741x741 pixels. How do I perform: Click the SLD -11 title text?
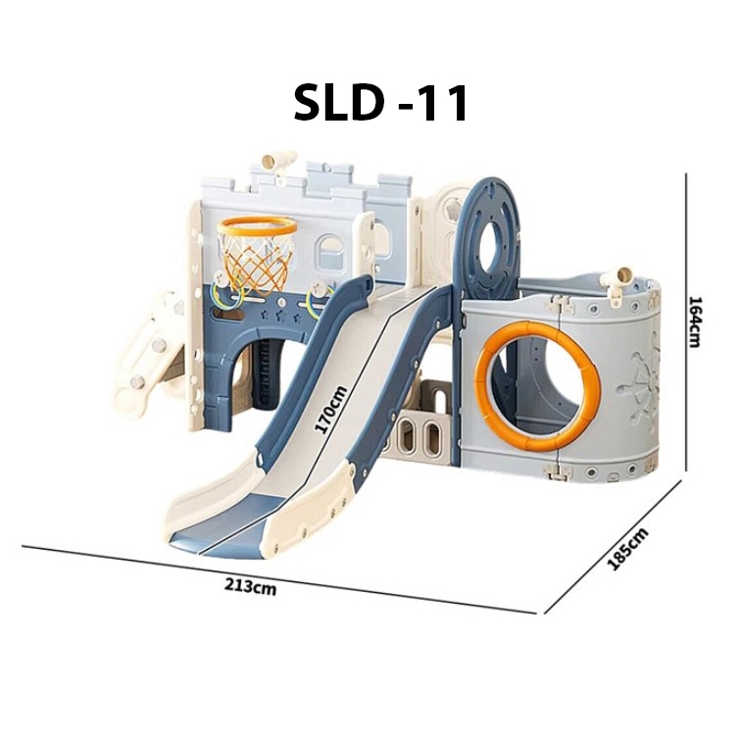click(381, 103)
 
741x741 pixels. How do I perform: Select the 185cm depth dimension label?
click(627, 549)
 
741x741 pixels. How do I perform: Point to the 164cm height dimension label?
click(694, 321)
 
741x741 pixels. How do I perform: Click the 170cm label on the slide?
click(331, 409)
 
